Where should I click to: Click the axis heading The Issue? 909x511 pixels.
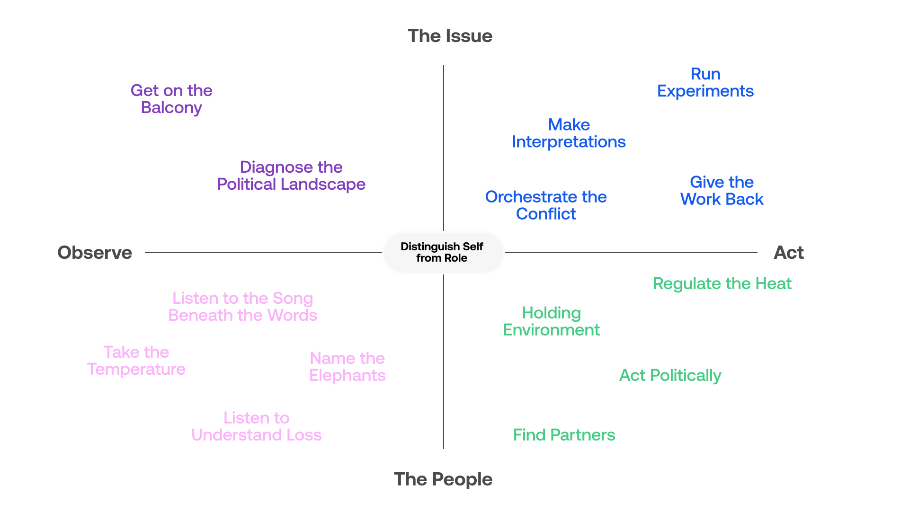450,36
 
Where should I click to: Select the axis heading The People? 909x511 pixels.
443,479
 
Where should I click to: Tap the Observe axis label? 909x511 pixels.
95,253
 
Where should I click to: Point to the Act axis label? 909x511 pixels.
788,253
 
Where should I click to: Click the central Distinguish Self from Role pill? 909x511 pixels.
442,252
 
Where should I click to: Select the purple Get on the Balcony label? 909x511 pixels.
171,99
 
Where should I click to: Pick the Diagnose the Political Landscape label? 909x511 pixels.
291,176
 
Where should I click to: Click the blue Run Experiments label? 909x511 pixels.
705,82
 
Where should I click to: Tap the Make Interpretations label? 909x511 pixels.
569,133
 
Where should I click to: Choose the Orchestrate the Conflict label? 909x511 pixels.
546,205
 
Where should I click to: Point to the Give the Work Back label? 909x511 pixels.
722,191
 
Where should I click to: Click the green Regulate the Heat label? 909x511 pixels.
722,283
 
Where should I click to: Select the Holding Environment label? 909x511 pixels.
551,321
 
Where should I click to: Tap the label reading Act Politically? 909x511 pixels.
670,375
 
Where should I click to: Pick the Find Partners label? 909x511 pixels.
564,435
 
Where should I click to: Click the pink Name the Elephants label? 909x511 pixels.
347,367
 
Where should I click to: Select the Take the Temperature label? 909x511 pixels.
136,361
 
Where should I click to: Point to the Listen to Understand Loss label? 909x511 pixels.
256,426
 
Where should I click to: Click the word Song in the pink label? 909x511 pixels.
293,299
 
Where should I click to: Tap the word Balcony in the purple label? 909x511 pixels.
171,108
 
